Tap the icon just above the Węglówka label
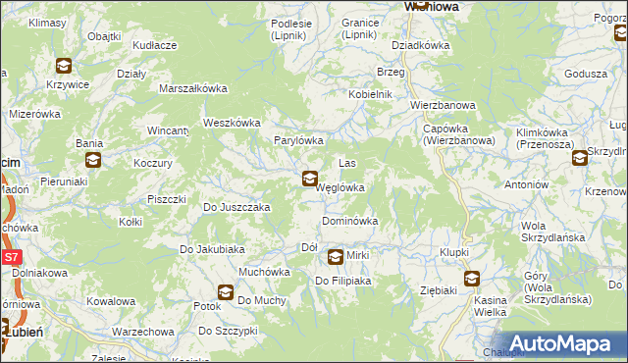click(309, 179)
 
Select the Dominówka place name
click(349, 222)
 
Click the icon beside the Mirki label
click(336, 257)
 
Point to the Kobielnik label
click(369, 94)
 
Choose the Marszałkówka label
click(193, 88)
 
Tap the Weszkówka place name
click(231, 123)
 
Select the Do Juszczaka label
click(235, 208)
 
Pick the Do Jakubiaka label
click(211, 249)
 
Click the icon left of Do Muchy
click(226, 292)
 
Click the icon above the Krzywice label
click(64, 66)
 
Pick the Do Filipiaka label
click(341, 282)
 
